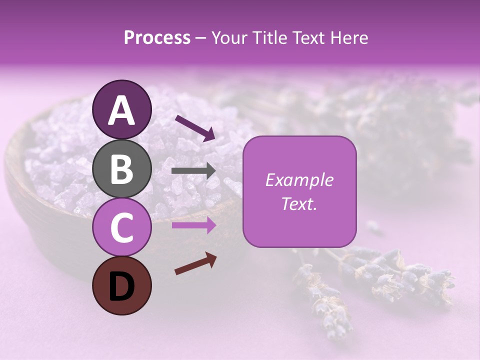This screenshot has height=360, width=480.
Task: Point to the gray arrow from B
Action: [193, 171]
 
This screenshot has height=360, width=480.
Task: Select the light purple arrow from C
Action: [193, 225]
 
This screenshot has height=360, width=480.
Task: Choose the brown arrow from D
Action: [195, 263]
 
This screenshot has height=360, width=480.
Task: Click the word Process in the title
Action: [157, 38]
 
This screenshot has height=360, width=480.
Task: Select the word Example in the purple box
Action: [299, 180]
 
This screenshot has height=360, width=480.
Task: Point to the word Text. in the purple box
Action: [299, 203]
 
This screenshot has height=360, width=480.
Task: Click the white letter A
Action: [121, 110]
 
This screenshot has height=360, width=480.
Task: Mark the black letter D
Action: [121, 286]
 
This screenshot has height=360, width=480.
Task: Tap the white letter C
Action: [121, 228]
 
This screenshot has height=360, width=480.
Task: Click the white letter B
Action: [121, 169]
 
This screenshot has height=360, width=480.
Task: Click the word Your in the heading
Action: [230, 38]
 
